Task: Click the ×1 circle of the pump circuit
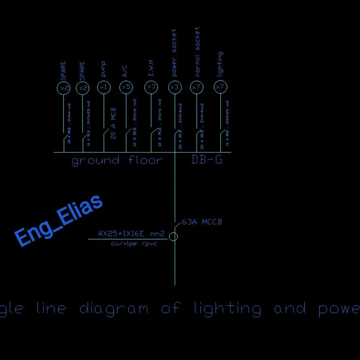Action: (104, 88)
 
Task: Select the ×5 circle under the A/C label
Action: (126, 88)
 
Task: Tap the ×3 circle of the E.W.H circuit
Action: (151, 88)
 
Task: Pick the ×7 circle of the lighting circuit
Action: (220, 88)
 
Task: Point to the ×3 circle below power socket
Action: (175, 88)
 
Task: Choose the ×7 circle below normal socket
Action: (197, 88)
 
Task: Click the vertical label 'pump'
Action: (103, 69)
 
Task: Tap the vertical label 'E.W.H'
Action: (151, 68)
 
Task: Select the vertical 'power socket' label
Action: (174, 52)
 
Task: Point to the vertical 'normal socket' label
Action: (197, 51)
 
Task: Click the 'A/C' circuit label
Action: (125, 71)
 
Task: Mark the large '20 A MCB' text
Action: (113, 123)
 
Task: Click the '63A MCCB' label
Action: (202, 222)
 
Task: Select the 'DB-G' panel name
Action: (207, 160)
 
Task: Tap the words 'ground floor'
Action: (117, 161)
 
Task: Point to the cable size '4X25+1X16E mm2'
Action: (131, 234)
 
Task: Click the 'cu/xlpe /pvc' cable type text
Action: (134, 244)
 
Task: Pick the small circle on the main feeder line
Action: (173, 237)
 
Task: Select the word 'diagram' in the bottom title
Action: (114, 309)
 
